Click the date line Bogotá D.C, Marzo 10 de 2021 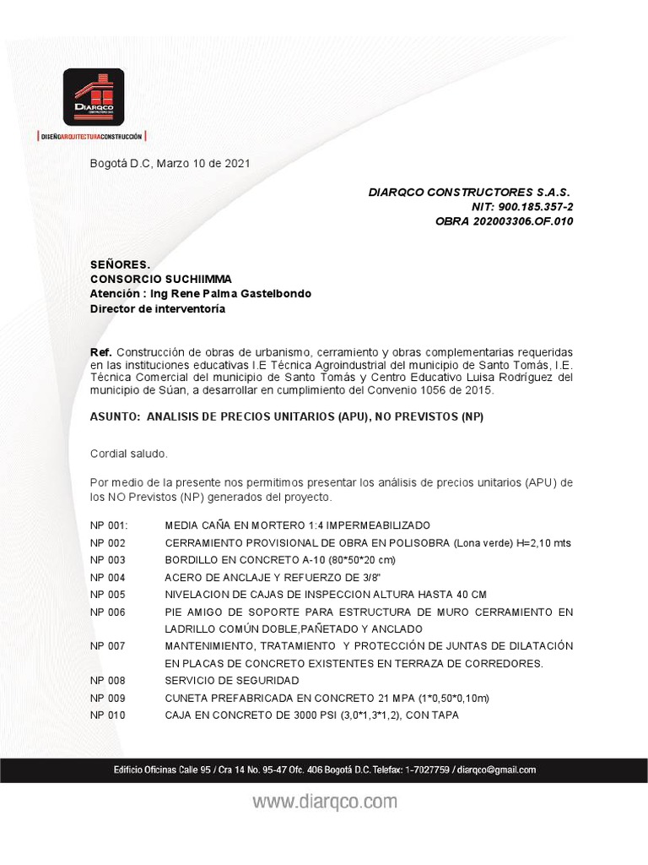pos(170,163)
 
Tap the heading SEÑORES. pos(120,264)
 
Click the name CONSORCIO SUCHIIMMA pos(160,279)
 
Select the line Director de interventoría pos(158,308)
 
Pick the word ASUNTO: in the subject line pos(115,417)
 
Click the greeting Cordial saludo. pos(129,454)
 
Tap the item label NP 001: pos(109,525)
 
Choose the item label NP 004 pos(107,578)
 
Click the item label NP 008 pos(107,680)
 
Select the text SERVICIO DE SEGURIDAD pos(232,680)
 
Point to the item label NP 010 pos(107,715)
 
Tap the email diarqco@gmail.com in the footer pos(498,770)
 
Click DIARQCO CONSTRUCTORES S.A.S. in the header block pos(469,192)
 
